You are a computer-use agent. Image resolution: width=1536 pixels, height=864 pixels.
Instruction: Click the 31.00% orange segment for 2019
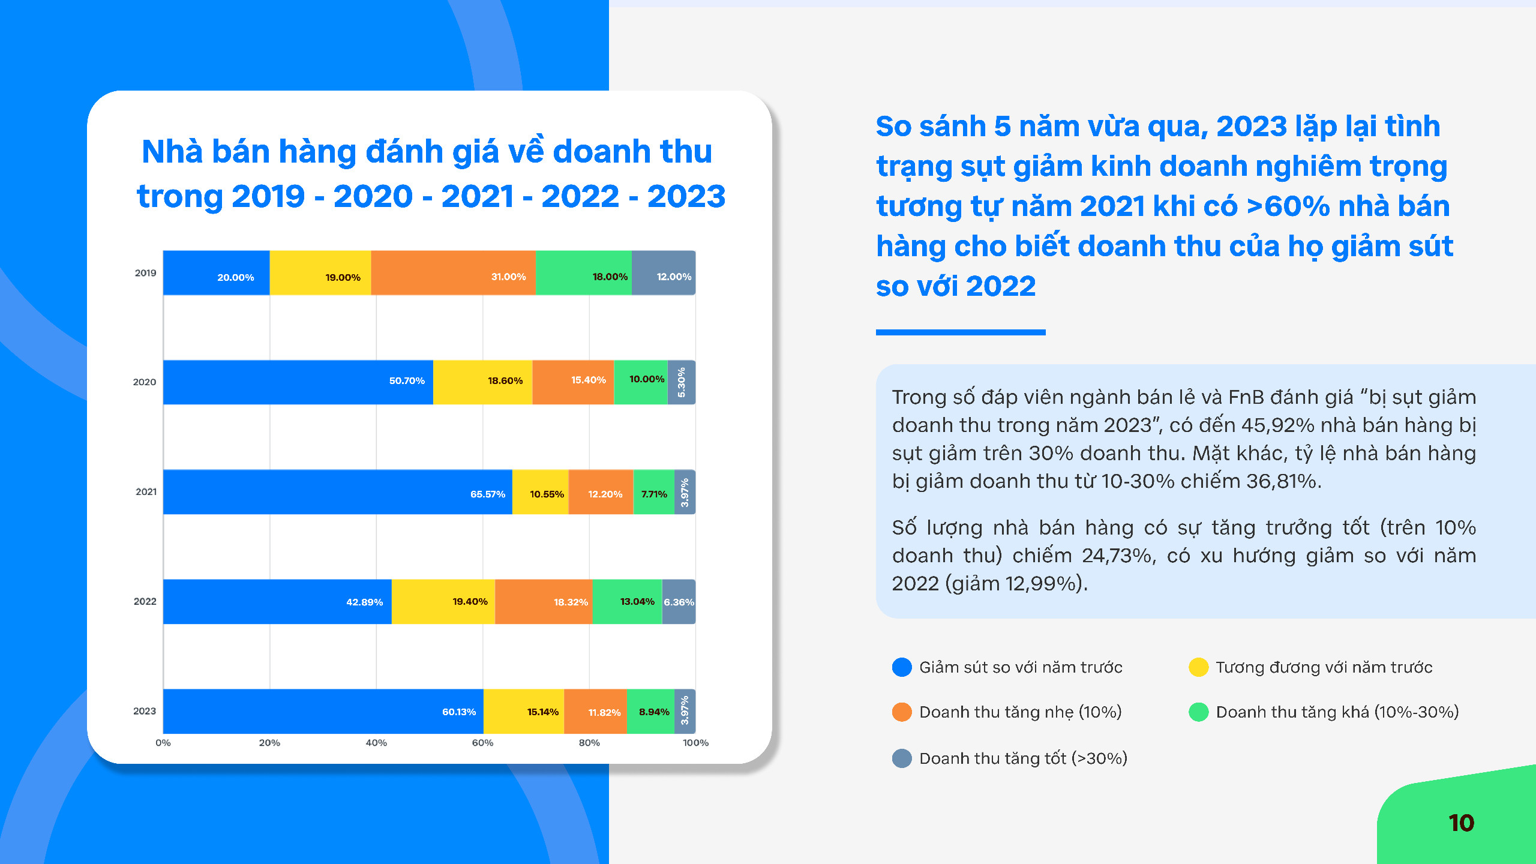pyautogui.click(x=453, y=273)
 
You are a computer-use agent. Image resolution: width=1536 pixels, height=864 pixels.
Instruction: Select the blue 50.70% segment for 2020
pyautogui.click(x=298, y=382)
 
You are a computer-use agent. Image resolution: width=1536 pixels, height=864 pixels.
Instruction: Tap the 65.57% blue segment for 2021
pyautogui.click(x=338, y=492)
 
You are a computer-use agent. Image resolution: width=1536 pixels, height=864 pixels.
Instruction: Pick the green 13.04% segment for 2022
pyautogui.click(x=627, y=602)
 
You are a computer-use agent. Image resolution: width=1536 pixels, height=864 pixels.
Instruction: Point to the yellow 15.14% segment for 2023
pyautogui.click(x=524, y=712)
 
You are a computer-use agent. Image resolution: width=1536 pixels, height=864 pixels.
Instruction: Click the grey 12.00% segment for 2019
pyautogui.click(x=664, y=273)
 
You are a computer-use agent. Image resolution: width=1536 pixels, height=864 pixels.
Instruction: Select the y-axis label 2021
pyautogui.click(x=146, y=492)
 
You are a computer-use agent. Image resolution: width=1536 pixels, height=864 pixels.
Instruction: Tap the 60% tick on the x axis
pyautogui.click(x=482, y=743)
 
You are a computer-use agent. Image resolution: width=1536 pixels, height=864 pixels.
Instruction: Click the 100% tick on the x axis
pyautogui.click(x=695, y=743)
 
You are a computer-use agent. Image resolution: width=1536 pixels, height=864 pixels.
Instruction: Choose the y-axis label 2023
pyautogui.click(x=145, y=711)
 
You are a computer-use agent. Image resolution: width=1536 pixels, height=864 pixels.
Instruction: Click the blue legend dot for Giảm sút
pyautogui.click(x=902, y=667)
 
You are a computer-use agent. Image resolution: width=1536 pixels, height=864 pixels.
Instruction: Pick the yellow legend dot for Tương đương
pyautogui.click(x=1198, y=667)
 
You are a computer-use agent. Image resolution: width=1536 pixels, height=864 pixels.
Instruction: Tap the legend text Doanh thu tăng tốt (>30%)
pyautogui.click(x=1024, y=758)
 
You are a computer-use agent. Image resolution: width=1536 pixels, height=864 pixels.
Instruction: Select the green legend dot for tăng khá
pyautogui.click(x=1198, y=712)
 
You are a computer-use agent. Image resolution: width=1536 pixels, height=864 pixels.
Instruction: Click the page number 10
pyautogui.click(x=1461, y=823)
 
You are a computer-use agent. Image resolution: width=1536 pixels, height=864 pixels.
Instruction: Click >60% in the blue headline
pyautogui.click(x=1288, y=206)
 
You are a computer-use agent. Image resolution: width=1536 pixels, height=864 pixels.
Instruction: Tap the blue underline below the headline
pyautogui.click(x=961, y=332)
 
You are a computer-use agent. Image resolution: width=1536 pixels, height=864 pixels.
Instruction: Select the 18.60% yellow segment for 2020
pyautogui.click(x=483, y=382)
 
